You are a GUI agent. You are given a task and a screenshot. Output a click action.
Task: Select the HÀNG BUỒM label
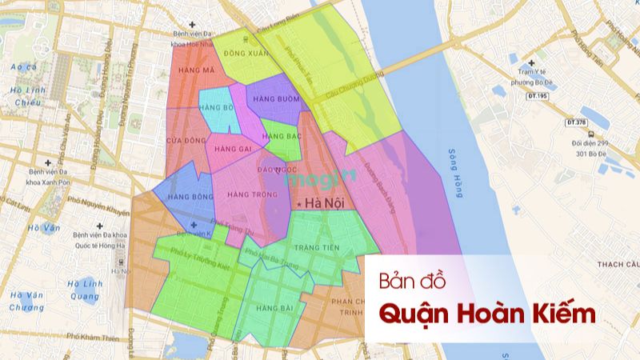274,98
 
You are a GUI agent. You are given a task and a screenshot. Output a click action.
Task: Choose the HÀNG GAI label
234,149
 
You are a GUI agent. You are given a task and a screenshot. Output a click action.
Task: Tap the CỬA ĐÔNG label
181,141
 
